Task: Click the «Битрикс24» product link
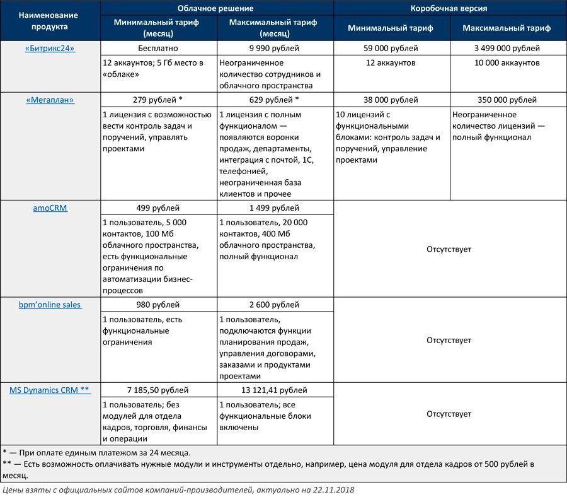click(x=50, y=49)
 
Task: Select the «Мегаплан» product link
click(x=50, y=100)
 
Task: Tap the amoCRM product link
click(x=50, y=208)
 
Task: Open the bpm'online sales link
click(x=50, y=305)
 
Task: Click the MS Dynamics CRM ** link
click(x=50, y=390)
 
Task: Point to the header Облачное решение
click(x=215, y=9)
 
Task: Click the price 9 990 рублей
click(x=274, y=49)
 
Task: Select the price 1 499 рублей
click(x=274, y=208)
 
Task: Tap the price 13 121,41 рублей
click(x=274, y=390)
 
